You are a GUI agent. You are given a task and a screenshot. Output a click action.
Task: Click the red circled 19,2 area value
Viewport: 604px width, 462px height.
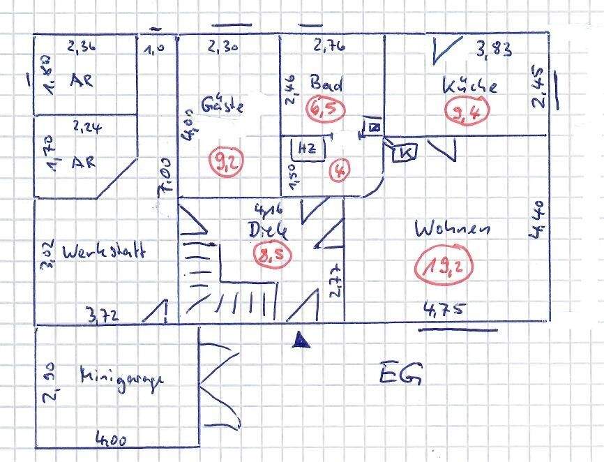[x=439, y=266]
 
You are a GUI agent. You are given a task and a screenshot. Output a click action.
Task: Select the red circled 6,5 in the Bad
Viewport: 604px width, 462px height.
[x=322, y=107]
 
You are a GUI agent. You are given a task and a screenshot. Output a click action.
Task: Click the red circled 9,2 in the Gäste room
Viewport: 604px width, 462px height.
[x=224, y=163]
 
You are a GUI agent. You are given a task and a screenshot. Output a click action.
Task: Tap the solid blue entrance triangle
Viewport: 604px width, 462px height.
[x=300, y=339]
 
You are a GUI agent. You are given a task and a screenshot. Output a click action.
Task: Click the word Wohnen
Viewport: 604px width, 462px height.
[x=452, y=229]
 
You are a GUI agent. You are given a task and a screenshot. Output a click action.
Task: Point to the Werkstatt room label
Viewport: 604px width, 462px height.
[x=103, y=252]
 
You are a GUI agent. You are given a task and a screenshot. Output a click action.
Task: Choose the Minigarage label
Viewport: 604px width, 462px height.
[x=121, y=378]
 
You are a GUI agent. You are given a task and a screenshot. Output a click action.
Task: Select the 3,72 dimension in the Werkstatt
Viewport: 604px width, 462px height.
[x=103, y=316]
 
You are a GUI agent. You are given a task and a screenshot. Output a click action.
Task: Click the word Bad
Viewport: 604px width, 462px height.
[x=326, y=84]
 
